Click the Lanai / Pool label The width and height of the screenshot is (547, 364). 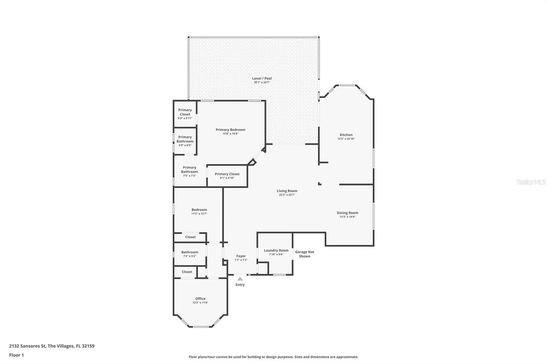click(262, 78)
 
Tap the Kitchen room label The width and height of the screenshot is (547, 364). click(346, 135)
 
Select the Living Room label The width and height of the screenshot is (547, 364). click(287, 191)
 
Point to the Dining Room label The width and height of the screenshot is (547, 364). click(348, 213)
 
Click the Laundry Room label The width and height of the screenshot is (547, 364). click(276, 250)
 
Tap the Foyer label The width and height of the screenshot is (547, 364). click(241, 256)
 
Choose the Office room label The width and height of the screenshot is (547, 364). click(200, 299)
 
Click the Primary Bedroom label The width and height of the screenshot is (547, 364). click(230, 129)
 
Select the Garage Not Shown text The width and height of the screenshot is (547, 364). click(305, 254)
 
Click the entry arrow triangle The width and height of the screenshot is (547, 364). click(240, 279)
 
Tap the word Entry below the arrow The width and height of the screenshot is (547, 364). click(240, 285)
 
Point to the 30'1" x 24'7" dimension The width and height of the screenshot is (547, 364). click(262, 82)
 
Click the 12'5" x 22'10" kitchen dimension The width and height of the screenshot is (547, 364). click(346, 139)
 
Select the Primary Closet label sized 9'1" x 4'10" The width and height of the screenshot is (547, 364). click(227, 174)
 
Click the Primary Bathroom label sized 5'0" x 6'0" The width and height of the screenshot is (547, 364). click(185, 139)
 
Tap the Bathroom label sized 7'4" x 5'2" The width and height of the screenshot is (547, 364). click(190, 252)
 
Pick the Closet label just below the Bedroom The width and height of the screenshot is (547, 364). click(190, 237)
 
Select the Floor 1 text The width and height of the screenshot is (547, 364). click(17, 355)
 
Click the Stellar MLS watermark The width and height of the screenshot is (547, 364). click(531, 182)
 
